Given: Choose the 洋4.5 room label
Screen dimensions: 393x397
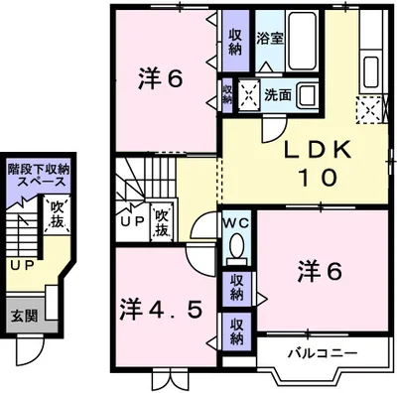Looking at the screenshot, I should (163, 308).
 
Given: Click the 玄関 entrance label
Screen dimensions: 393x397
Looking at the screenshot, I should (25, 317).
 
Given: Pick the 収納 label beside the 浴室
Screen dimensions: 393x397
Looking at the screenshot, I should (235, 41).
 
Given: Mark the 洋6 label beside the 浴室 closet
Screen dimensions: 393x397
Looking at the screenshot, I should (159, 79).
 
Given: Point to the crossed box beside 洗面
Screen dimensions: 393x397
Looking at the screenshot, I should (247, 96).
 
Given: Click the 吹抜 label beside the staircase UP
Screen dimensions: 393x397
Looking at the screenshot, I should (163, 223).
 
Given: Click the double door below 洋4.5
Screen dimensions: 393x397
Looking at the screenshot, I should (166, 381).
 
